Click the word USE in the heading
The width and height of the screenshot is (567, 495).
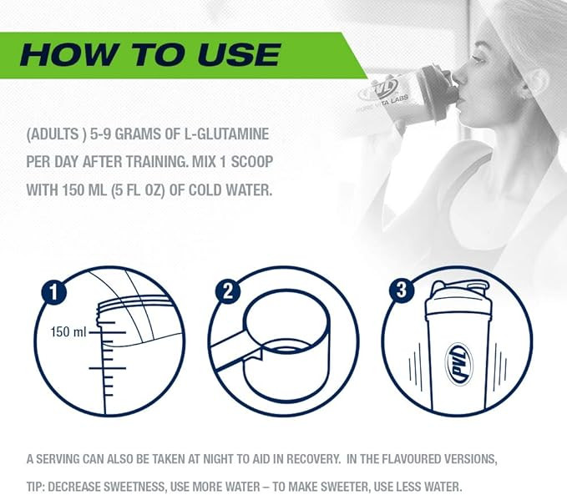tap(239, 54)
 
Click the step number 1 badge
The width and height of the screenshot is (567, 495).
tap(53, 291)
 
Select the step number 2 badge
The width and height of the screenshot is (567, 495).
tap(227, 290)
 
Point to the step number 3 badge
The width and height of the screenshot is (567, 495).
tap(402, 290)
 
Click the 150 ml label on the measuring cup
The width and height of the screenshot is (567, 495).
tap(68, 332)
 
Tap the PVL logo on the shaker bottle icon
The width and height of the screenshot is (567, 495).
tap(458, 364)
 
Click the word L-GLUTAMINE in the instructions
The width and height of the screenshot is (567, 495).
tap(227, 134)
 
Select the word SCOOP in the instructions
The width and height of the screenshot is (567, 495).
tap(251, 162)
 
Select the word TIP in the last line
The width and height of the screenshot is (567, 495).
tap(35, 487)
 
